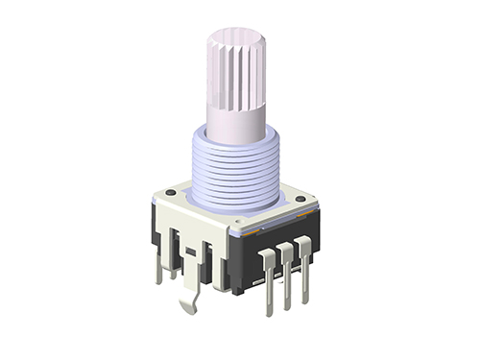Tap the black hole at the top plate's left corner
[x=170, y=193]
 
